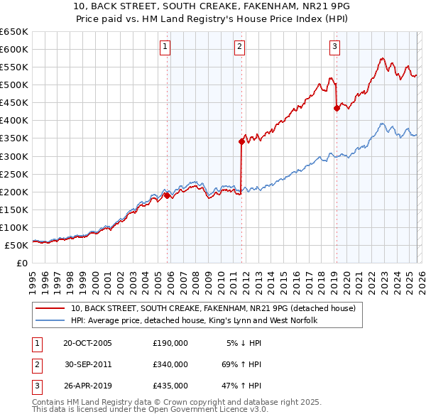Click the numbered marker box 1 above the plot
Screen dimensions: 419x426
coord(165,48)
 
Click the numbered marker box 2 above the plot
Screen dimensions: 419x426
coord(240,48)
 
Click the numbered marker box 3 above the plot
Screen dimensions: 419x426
coord(334,48)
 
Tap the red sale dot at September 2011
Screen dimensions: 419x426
coord(241,141)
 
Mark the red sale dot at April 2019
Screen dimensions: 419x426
coord(337,108)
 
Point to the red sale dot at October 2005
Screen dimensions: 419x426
coord(168,195)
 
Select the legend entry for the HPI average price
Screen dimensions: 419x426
coord(193,321)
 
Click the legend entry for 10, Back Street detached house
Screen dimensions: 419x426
coord(217,309)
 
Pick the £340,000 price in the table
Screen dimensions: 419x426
coord(170,364)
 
